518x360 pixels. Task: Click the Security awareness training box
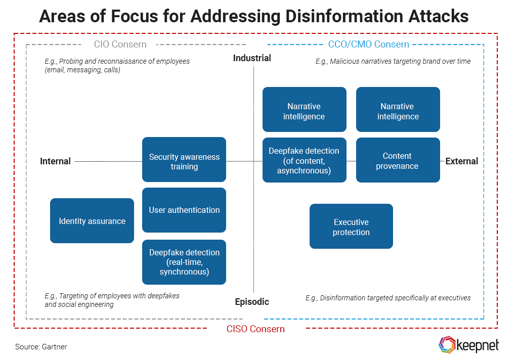click(x=184, y=160)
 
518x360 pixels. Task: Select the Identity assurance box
click(x=92, y=221)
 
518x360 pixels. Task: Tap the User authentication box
click(x=184, y=210)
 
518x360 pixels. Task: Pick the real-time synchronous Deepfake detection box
click(x=184, y=262)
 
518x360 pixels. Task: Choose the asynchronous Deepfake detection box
click(x=304, y=160)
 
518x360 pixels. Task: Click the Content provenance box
click(x=398, y=160)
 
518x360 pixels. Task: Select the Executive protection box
click(x=351, y=227)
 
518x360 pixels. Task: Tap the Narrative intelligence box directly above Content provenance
click(x=398, y=110)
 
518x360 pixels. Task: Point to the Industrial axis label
click(x=252, y=58)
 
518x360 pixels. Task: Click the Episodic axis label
click(x=252, y=302)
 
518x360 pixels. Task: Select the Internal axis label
click(x=55, y=161)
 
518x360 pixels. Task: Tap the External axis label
click(x=461, y=161)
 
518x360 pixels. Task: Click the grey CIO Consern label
click(x=120, y=44)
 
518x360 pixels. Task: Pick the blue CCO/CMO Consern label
click(x=368, y=44)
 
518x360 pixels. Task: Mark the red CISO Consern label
click(x=255, y=329)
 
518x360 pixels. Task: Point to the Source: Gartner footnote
click(x=41, y=347)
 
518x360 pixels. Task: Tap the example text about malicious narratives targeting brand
click(x=393, y=61)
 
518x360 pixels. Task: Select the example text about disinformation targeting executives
click(x=388, y=298)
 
